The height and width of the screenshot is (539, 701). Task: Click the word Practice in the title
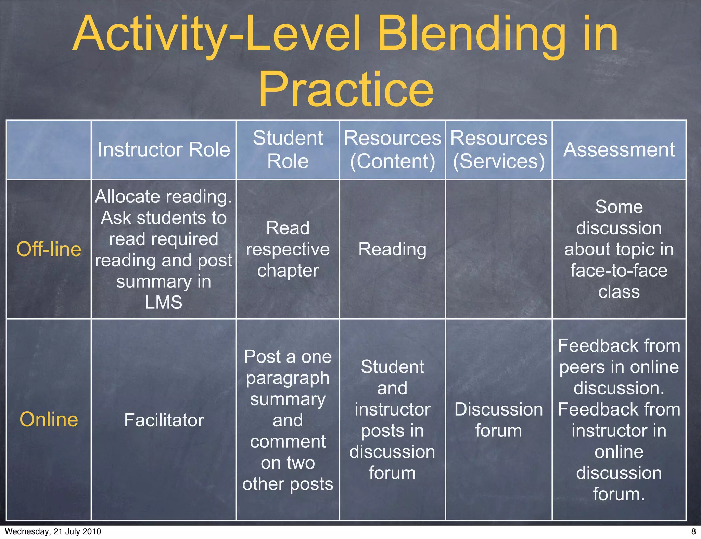[346, 90]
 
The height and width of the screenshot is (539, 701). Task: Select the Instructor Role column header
[164, 150]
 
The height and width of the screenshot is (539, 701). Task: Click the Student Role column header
[288, 149]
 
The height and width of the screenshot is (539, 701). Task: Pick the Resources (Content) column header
[392, 149]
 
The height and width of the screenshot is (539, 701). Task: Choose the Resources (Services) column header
[499, 149]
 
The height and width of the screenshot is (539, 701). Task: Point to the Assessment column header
[619, 150]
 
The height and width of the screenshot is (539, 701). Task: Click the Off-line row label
[49, 249]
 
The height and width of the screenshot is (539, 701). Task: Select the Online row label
[49, 420]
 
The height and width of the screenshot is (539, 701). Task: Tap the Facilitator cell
[164, 420]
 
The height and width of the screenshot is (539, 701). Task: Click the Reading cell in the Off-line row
[392, 249]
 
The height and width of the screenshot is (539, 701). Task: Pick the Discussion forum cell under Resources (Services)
[499, 420]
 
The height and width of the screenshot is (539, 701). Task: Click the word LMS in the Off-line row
[164, 303]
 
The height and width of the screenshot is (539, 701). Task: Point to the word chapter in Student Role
[288, 271]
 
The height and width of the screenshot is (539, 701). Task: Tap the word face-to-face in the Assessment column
[619, 271]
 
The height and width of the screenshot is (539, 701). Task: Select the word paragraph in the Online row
[288, 378]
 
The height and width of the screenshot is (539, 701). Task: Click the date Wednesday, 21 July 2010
[53, 531]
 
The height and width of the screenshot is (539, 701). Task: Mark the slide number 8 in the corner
[693, 531]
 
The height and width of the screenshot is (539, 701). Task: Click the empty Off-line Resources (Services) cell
[499, 249]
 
